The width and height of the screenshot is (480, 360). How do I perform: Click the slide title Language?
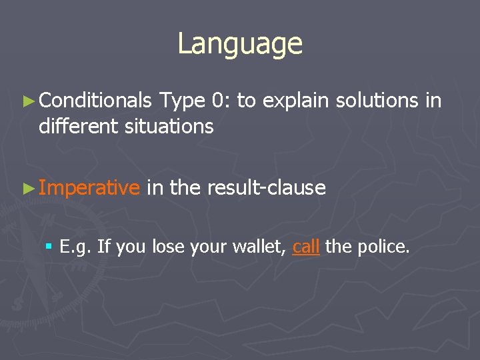pyautogui.click(x=240, y=44)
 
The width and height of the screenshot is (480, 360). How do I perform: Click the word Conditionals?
pyautogui.click(x=95, y=101)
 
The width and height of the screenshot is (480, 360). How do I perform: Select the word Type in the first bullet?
pyautogui.click(x=181, y=101)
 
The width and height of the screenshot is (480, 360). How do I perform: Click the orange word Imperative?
pyautogui.click(x=89, y=189)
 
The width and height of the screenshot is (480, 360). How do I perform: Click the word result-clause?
pyautogui.click(x=266, y=189)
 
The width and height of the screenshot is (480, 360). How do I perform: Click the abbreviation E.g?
pyautogui.click(x=75, y=248)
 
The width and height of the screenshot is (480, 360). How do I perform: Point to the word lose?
pyautogui.click(x=167, y=247)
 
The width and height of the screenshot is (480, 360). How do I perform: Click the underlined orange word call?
pyautogui.click(x=306, y=247)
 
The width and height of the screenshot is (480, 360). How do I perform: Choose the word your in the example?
pyautogui.click(x=207, y=248)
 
